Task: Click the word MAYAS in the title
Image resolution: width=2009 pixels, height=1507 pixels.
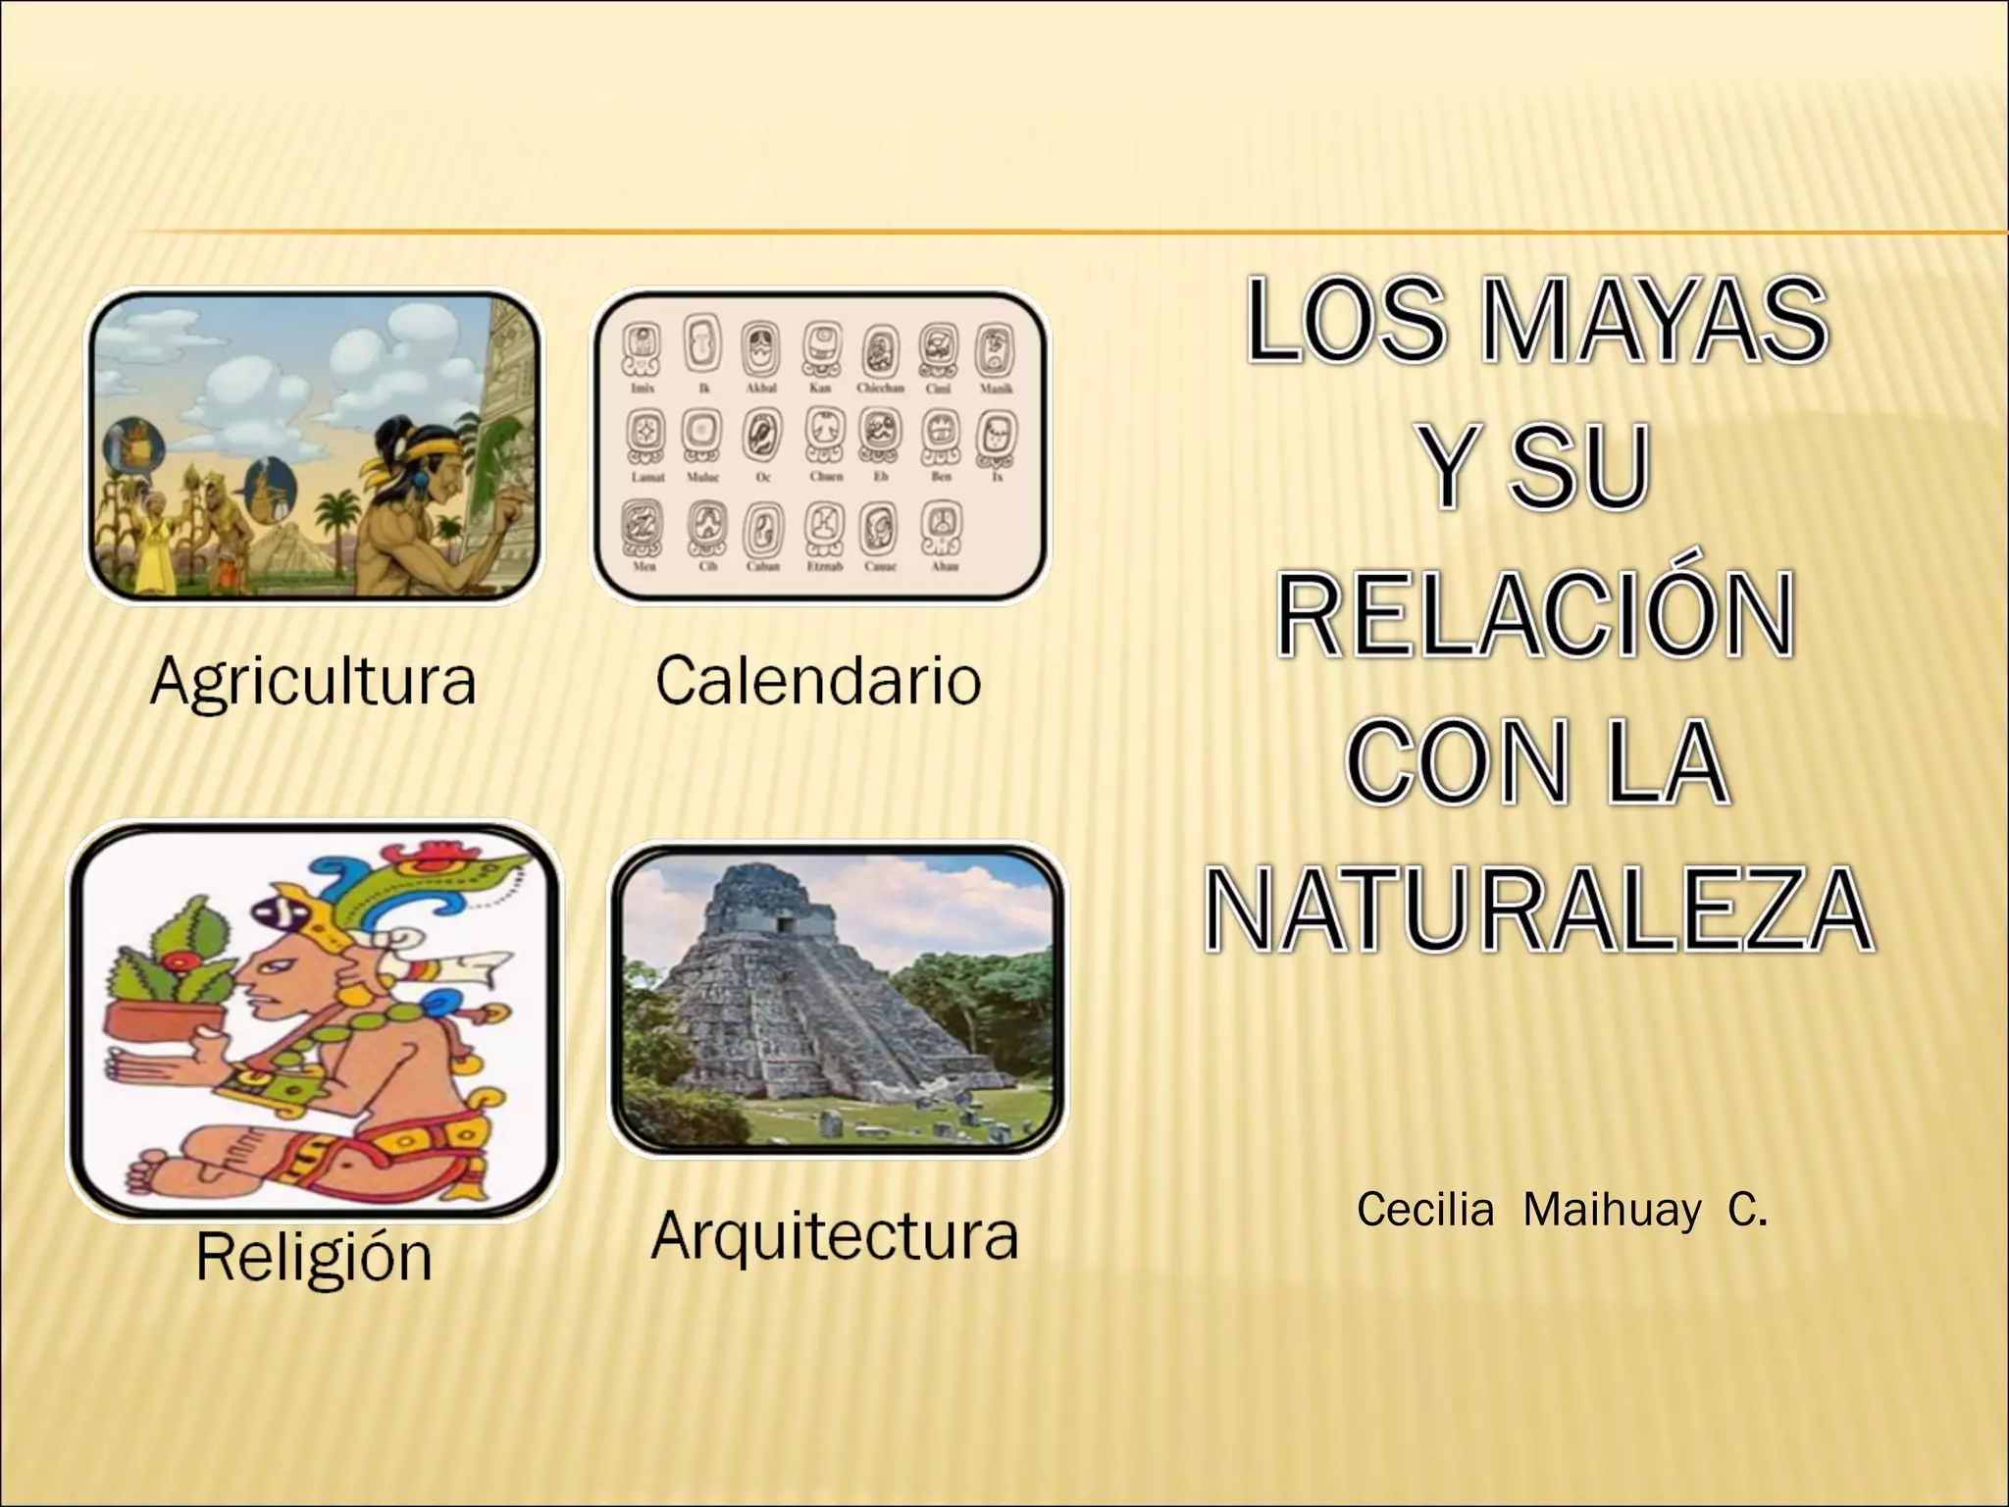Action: pos(1654,320)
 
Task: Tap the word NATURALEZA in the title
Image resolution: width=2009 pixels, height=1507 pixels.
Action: pos(1538,909)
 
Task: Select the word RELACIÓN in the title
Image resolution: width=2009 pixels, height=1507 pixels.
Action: pos(1536,615)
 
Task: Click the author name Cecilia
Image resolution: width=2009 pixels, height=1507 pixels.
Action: pos(1424,1210)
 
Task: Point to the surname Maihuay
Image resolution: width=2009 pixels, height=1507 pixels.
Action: pos(1613,1211)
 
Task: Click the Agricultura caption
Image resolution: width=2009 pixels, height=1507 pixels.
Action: pos(313,680)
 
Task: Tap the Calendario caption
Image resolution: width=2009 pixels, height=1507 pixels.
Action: pos(818,680)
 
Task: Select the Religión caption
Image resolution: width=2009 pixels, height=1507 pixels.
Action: pos(314,1256)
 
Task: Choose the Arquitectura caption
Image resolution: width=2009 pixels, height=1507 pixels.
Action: pos(835,1235)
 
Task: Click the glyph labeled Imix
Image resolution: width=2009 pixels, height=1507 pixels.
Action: pos(643,350)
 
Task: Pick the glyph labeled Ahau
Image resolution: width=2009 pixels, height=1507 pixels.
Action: pos(942,529)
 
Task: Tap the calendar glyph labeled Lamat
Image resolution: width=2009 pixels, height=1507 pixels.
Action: pos(646,436)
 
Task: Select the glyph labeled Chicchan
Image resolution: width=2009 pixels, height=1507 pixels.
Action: pos(881,351)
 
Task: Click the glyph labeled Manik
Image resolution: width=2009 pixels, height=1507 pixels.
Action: pos(995,351)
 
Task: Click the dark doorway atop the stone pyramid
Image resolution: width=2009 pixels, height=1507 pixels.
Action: pos(785,923)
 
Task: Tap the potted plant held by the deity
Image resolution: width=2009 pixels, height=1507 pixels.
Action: pos(173,982)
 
